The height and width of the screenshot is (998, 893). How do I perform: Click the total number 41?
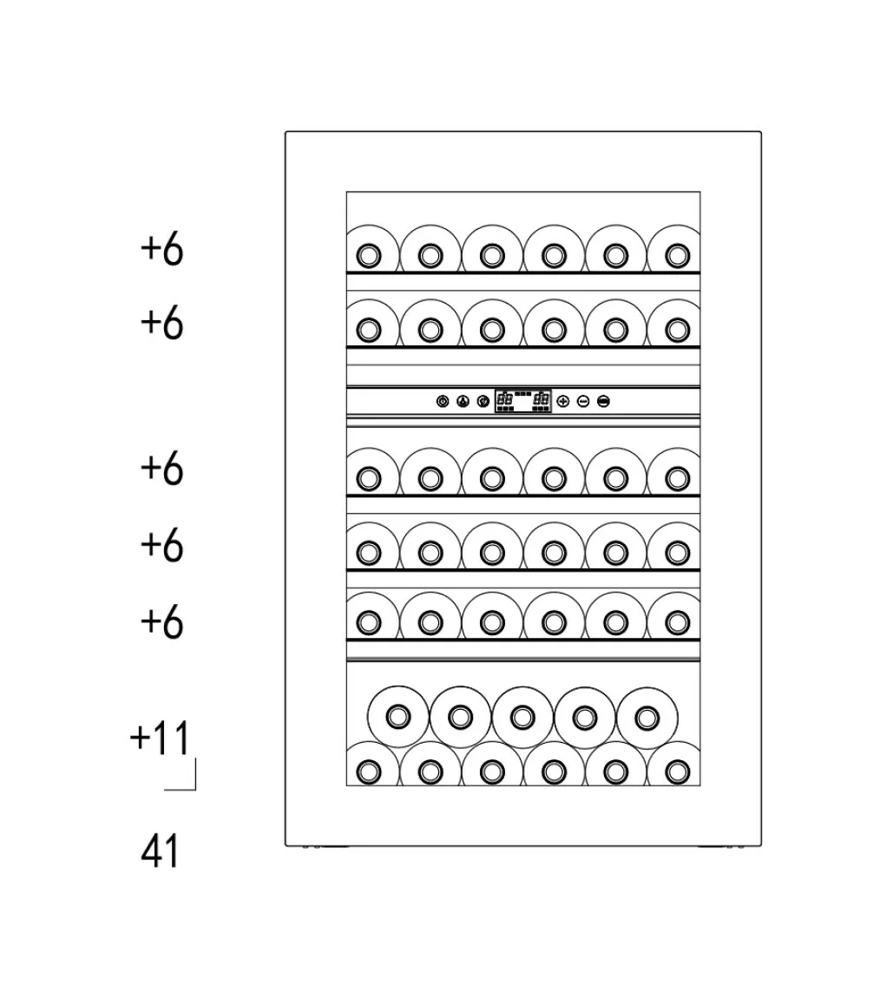pos(160,851)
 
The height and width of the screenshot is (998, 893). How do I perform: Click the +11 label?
pos(160,739)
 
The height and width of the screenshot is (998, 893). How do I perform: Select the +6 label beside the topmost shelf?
pos(161,249)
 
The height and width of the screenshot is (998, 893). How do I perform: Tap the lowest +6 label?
pos(161,622)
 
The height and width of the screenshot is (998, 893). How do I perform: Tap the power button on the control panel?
pos(443,401)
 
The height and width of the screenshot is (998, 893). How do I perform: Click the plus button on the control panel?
pos(562,401)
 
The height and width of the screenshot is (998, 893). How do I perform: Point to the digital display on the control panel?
pos(523,401)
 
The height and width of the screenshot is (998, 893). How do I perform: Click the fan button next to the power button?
pos(463,401)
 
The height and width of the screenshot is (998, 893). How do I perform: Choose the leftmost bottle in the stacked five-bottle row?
pos(397,717)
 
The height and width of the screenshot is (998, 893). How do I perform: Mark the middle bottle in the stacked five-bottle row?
pos(522,717)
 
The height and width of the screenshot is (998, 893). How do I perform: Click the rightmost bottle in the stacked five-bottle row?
pos(647,717)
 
